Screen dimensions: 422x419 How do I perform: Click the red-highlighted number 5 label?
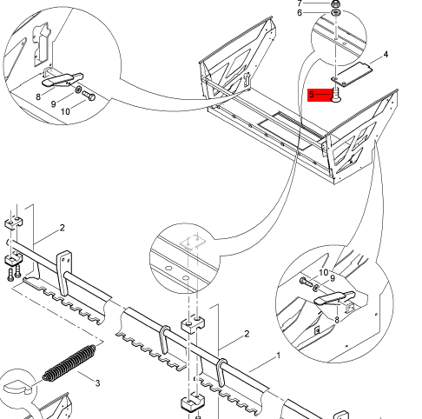click(312, 95)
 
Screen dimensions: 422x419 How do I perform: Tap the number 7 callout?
click(300, 3)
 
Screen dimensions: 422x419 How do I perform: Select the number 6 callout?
click(300, 13)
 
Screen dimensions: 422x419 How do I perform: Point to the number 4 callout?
click(386, 54)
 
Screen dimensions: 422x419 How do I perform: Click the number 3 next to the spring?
click(97, 383)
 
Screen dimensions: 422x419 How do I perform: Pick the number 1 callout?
click(279, 356)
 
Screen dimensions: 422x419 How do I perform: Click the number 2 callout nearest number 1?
click(247, 334)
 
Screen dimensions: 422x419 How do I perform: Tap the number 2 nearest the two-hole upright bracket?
click(63, 228)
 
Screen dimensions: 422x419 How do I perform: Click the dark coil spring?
click(69, 362)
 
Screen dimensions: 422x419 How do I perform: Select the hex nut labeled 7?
click(335, 4)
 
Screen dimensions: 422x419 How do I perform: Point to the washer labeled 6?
click(336, 13)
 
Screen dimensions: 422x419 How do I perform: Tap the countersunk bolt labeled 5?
click(336, 96)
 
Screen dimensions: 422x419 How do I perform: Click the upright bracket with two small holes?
click(64, 272)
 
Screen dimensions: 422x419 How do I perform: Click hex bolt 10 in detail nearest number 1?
click(307, 281)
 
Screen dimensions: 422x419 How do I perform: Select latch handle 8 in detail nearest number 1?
click(334, 298)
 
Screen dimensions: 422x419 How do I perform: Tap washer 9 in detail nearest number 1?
click(316, 288)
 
